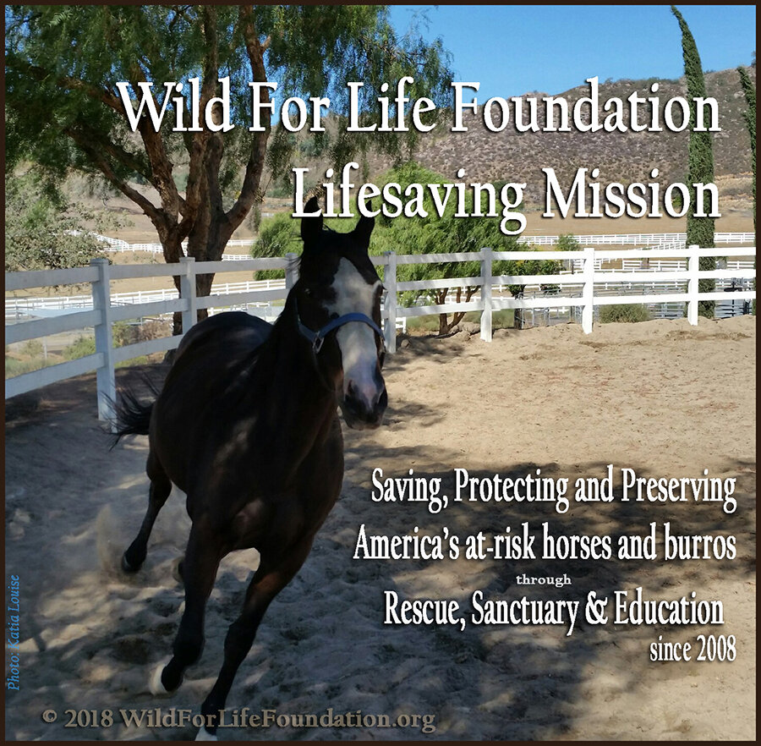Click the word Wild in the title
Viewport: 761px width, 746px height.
(x=174, y=107)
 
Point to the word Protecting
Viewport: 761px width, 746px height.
(x=511, y=487)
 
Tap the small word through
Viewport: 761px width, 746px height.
(x=544, y=579)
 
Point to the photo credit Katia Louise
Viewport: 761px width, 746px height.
(x=14, y=632)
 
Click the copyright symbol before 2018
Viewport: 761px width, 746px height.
(x=50, y=716)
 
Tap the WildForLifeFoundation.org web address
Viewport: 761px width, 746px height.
(x=277, y=718)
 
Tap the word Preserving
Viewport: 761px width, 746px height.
(x=679, y=487)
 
